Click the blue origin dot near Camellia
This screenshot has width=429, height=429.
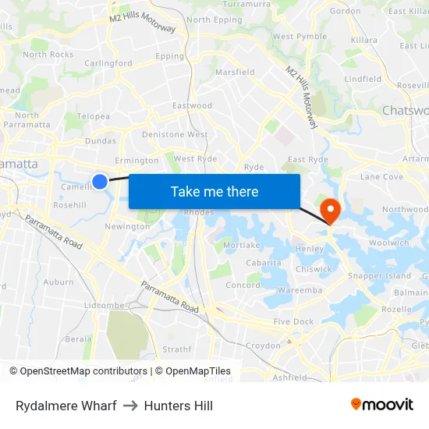[x=100, y=182]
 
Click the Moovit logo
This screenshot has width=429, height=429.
[x=381, y=405]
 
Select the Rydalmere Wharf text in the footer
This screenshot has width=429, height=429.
[x=66, y=406]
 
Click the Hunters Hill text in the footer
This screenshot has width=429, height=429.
[x=179, y=406]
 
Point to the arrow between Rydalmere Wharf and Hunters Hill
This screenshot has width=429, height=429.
[x=130, y=406]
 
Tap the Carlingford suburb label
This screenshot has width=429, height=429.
[x=108, y=63]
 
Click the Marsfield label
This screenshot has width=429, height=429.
[x=235, y=73]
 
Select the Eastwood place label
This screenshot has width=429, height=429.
[x=192, y=105]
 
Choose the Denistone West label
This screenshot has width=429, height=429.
[x=175, y=135]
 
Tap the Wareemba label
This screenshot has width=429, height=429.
[x=300, y=290]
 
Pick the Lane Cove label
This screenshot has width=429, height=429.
[x=381, y=177]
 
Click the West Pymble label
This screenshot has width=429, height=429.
[x=300, y=37]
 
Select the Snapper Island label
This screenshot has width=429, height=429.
[x=379, y=276]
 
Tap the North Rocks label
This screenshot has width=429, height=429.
[x=48, y=55]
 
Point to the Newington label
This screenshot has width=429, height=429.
[x=127, y=227]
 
